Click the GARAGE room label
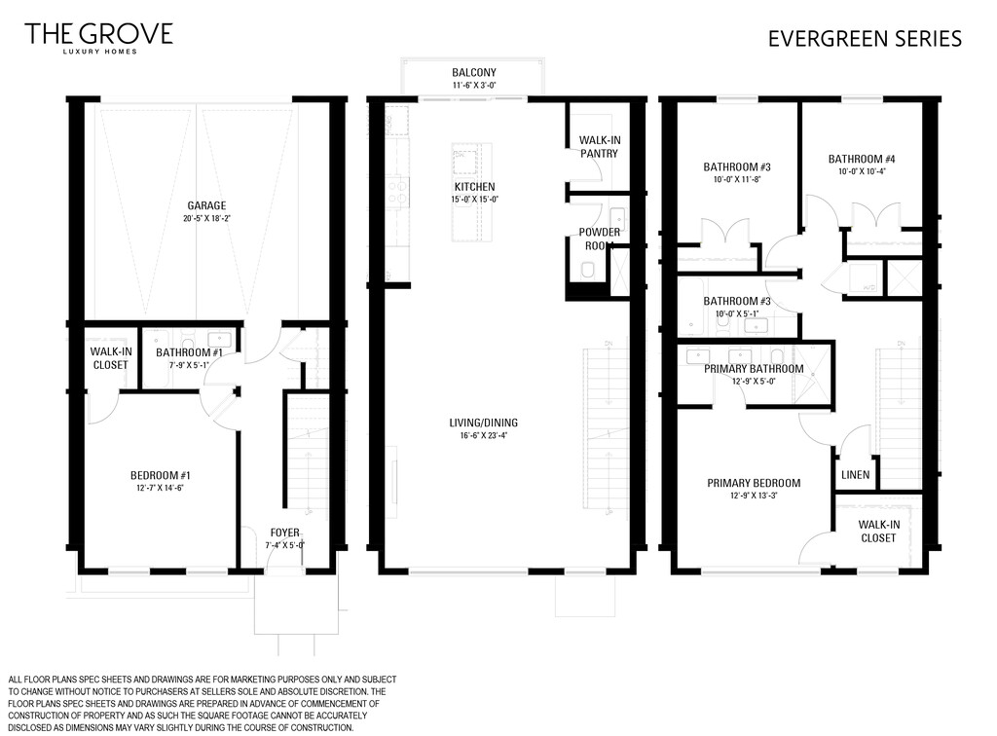point(206,205)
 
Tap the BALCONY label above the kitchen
point(474,72)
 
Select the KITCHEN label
point(474,187)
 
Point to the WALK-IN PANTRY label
point(599,147)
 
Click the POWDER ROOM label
point(599,239)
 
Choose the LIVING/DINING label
point(483,423)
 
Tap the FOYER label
point(285,533)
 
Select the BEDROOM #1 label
point(161,475)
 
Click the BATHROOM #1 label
point(189,352)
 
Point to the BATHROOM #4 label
point(862,159)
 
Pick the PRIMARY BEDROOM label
point(754,483)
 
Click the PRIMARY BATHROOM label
point(754,369)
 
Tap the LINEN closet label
point(855,475)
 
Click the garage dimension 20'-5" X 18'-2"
point(206,219)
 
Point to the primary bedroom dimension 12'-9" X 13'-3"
point(754,496)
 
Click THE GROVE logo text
point(98,34)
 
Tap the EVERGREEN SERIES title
point(865,39)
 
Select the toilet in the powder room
point(587,271)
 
